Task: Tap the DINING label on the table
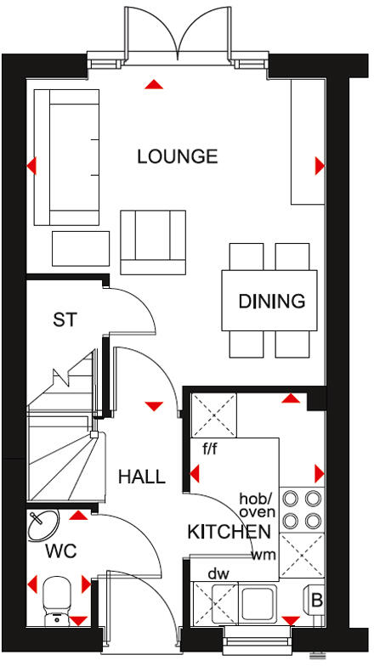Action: tap(271, 301)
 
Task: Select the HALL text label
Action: tap(141, 477)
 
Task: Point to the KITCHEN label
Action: tap(229, 532)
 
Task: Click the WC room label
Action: tap(61, 551)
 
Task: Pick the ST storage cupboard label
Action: tap(65, 320)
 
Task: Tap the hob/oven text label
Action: tap(256, 505)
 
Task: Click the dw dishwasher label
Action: tap(218, 574)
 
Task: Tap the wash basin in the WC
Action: tap(42, 527)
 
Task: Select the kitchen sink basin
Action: tap(258, 604)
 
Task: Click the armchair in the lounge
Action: tap(153, 241)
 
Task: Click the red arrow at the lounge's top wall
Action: tap(153, 84)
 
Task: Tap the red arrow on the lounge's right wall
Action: tap(320, 165)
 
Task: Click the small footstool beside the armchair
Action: tap(81, 248)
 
